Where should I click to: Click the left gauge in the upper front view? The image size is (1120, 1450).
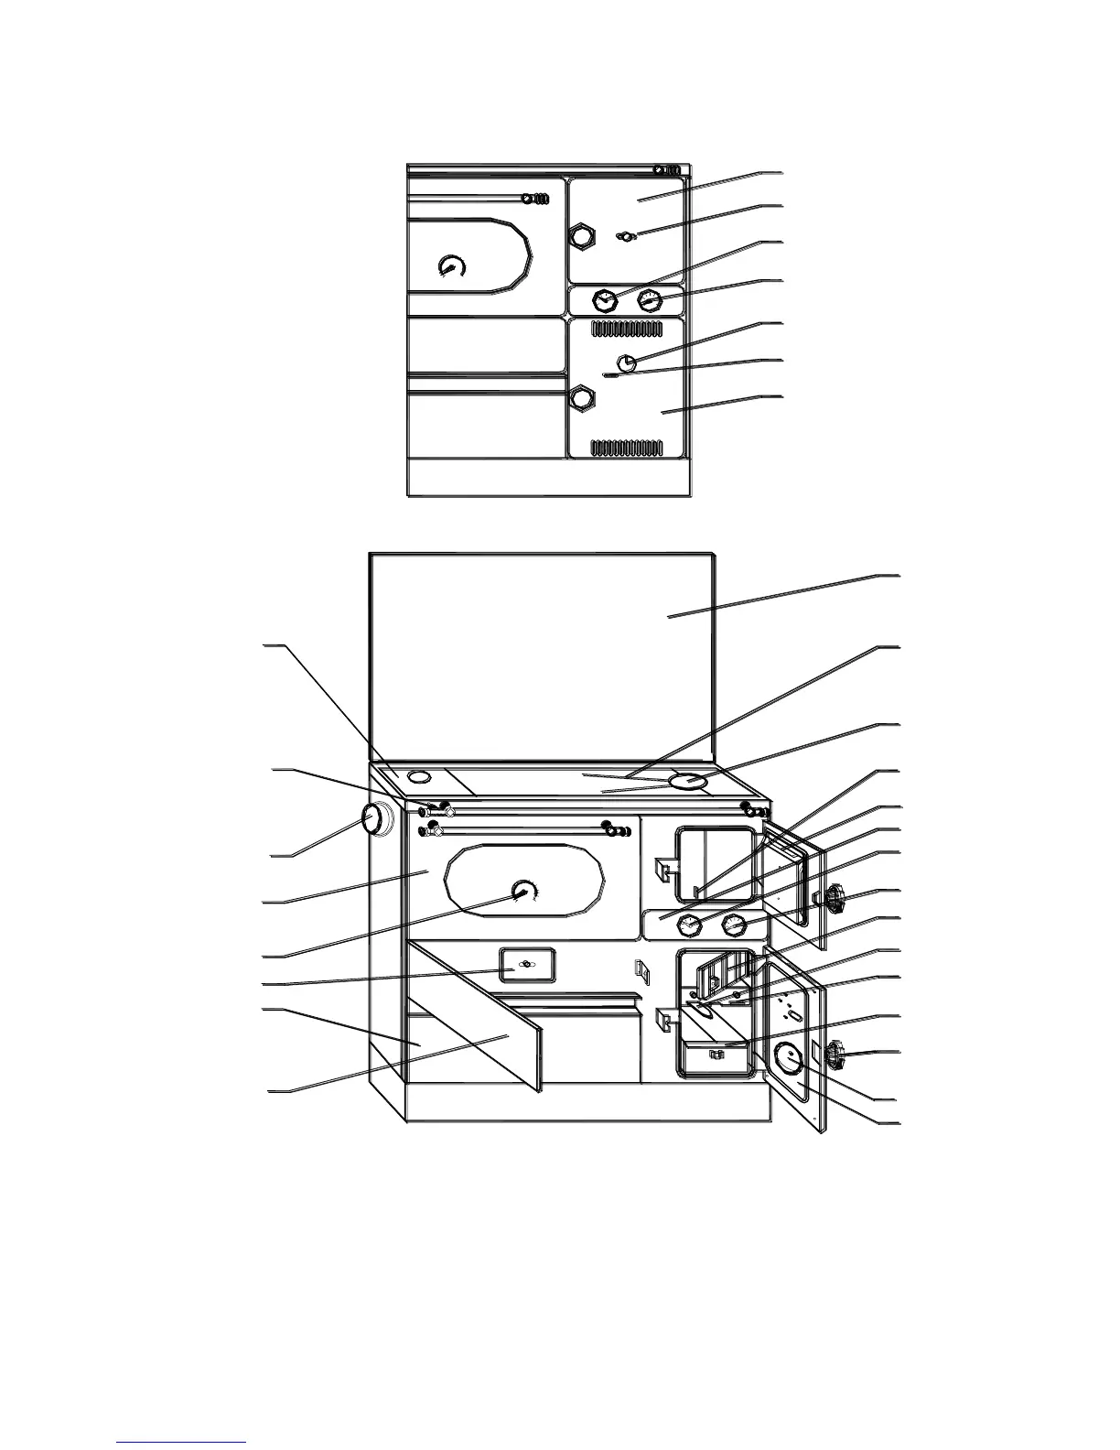pyautogui.click(x=604, y=299)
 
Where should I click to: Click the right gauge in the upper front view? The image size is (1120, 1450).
pyautogui.click(x=650, y=299)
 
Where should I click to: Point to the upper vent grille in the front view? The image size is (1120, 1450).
pyautogui.click(x=627, y=329)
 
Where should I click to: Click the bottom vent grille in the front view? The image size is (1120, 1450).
pyautogui.click(x=627, y=447)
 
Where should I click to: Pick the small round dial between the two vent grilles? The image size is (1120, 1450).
pyautogui.click(x=627, y=362)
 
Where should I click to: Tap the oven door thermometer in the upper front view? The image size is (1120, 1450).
pyautogui.click(x=452, y=265)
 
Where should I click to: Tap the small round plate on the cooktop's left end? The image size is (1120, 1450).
pyautogui.click(x=418, y=777)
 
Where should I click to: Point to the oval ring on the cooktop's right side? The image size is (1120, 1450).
pyautogui.click(x=686, y=782)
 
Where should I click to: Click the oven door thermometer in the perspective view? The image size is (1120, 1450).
pyautogui.click(x=524, y=892)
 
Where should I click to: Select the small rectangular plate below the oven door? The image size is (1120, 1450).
pyautogui.click(x=525, y=965)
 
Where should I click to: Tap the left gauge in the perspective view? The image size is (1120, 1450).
pyautogui.click(x=690, y=926)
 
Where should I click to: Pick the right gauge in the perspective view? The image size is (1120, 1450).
pyautogui.click(x=735, y=925)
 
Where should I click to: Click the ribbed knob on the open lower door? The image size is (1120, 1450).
pyautogui.click(x=835, y=1056)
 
